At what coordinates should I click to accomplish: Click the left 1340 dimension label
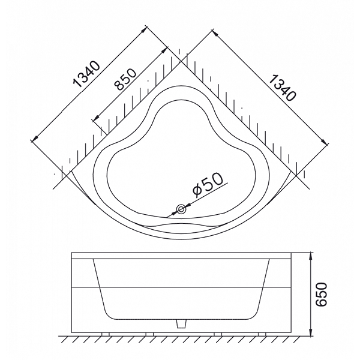coord(87,74)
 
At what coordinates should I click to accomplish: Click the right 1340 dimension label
coord(282,88)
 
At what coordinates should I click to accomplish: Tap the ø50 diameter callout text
coord(208,185)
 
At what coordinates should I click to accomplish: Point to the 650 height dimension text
coord(321,295)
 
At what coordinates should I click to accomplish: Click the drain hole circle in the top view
coord(181,209)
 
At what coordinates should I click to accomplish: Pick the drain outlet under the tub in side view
coord(181,324)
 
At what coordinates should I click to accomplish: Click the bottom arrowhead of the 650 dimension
coord(310,332)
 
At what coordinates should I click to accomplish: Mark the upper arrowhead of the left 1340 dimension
coord(145,29)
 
